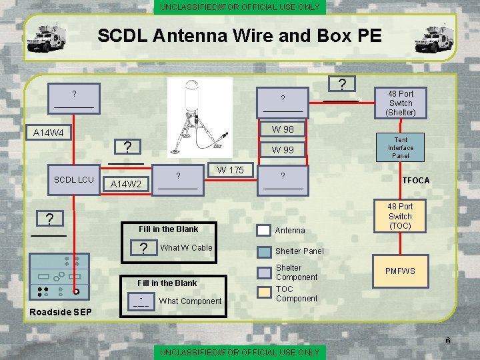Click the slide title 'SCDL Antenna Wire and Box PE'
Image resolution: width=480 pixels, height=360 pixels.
[239, 35]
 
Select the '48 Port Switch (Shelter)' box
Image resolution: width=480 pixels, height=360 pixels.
[401, 103]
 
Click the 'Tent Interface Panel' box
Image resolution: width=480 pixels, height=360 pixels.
[401, 147]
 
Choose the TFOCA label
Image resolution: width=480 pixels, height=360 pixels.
[415, 181]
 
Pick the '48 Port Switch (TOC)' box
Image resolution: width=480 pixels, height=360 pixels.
[400, 216]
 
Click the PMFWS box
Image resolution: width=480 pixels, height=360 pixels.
[400, 271]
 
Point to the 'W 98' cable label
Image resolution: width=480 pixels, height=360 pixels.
[283, 129]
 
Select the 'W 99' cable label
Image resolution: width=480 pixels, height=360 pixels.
[283, 149]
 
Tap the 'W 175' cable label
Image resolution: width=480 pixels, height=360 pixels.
[230, 170]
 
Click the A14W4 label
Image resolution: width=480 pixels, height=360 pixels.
[49, 133]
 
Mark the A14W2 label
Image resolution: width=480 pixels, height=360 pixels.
[126, 184]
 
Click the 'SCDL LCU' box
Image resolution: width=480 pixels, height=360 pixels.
[73, 180]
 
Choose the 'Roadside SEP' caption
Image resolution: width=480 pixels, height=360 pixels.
[59, 313]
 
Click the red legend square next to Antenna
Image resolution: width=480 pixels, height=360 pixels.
[264, 230]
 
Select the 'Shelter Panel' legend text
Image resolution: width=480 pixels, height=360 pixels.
[299, 251]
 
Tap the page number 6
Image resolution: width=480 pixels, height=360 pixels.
[447, 341]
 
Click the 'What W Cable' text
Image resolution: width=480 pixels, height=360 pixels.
[186, 248]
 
